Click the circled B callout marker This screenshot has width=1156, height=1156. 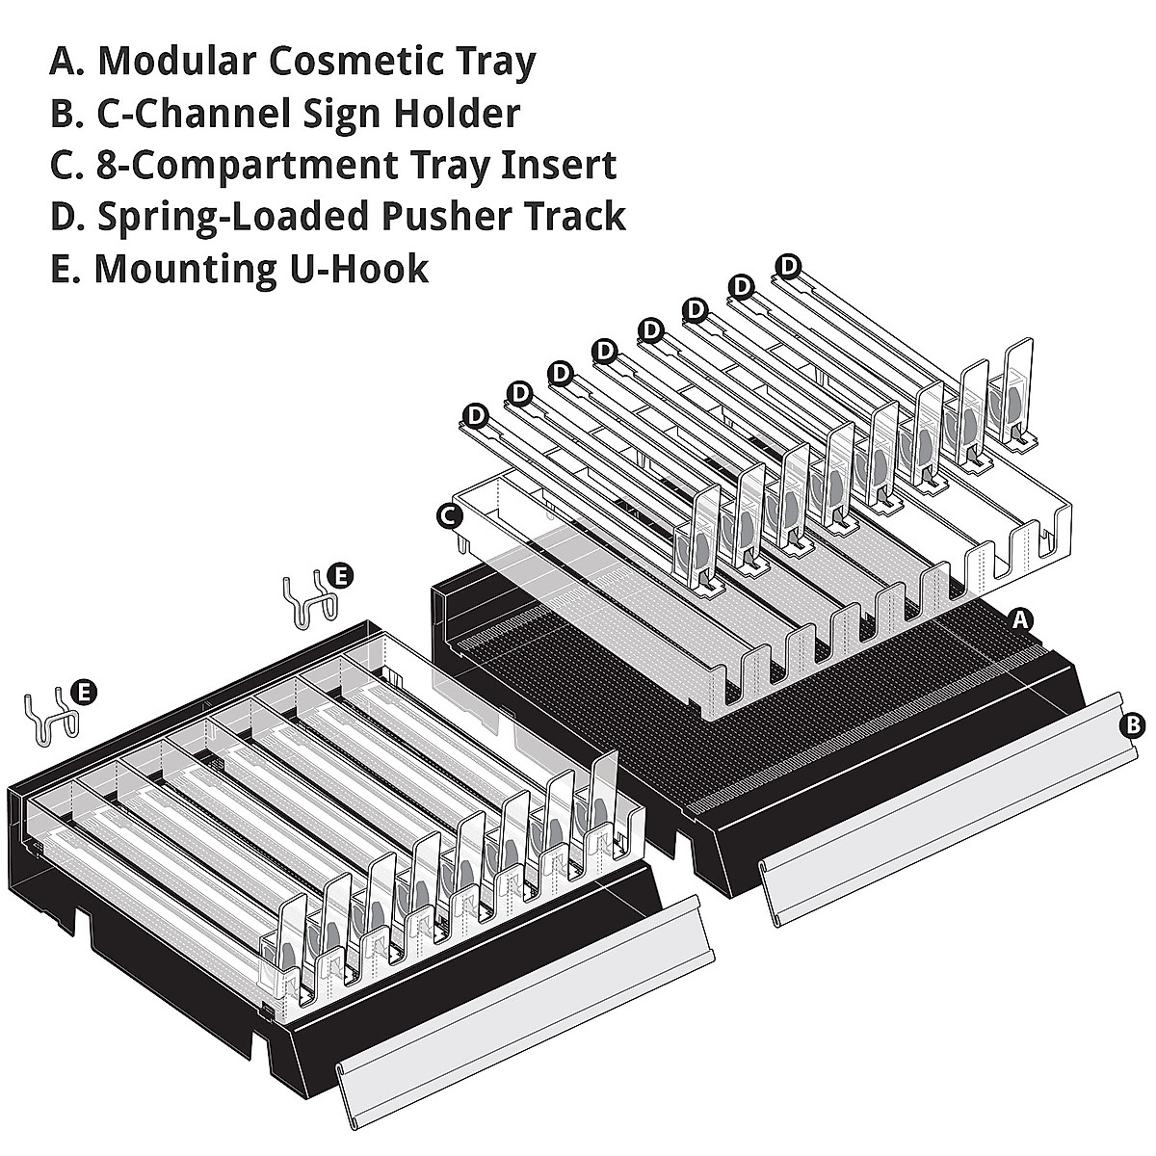click(1135, 724)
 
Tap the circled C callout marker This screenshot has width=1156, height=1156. click(447, 516)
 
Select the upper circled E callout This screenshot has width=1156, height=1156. click(341, 576)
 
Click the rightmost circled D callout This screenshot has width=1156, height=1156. click(789, 264)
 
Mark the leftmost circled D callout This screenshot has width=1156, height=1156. click(475, 414)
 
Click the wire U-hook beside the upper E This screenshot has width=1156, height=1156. click(308, 602)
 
